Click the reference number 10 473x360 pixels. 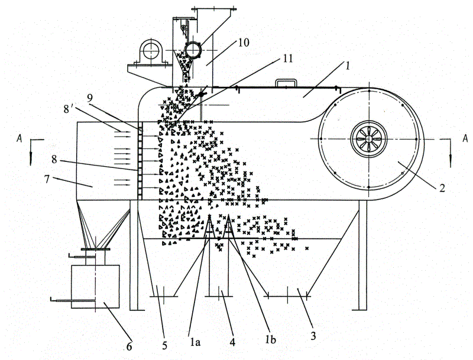point(244,42)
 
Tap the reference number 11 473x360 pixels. point(287,58)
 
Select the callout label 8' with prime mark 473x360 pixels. point(68,109)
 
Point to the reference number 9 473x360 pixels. point(90,98)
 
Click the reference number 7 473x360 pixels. point(47,179)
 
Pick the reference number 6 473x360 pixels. point(129,347)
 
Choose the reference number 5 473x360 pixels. point(164,345)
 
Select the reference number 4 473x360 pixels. point(232,342)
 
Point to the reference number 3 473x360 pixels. point(313,336)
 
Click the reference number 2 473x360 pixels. point(442,189)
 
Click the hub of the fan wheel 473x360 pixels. point(369,139)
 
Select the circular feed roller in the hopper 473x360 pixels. point(193,50)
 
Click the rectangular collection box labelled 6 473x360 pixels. point(95,287)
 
